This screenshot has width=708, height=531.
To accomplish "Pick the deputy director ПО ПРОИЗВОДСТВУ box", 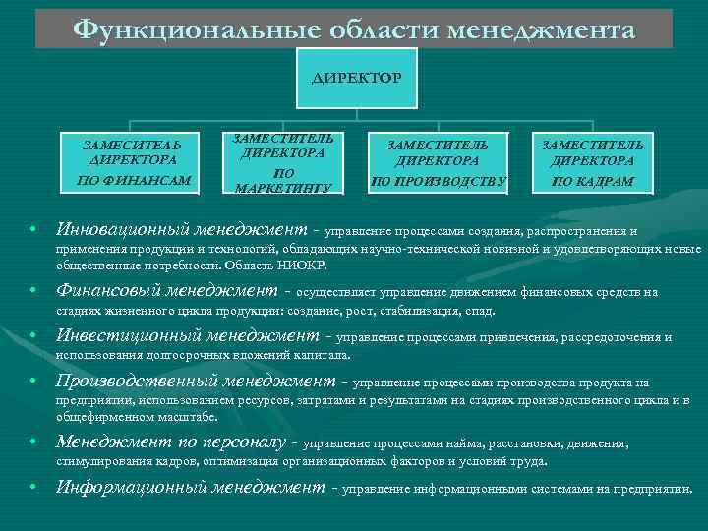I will [x=438, y=160].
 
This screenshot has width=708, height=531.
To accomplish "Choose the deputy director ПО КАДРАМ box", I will [x=592, y=160].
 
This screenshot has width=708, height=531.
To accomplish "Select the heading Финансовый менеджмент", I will [x=166, y=291].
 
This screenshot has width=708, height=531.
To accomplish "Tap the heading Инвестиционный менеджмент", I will [x=187, y=336].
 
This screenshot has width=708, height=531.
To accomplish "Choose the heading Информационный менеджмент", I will [x=190, y=487].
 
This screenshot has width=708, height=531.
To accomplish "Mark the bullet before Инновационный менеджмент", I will [x=33, y=230].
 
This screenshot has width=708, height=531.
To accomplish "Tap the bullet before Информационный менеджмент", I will [x=33, y=488].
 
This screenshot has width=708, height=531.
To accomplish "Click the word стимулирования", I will [x=103, y=460].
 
